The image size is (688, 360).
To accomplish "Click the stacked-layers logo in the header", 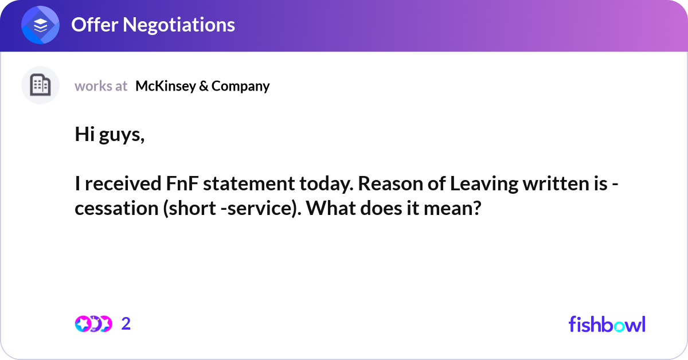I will [41, 25].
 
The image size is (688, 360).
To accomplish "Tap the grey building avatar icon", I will [41, 85].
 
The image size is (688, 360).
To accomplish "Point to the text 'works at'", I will [101, 87].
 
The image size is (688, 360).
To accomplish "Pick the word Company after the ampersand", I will [240, 87].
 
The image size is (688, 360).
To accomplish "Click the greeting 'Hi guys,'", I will [110, 135].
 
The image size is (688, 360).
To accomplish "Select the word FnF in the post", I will [179, 185].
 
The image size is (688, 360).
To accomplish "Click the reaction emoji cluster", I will [93, 324].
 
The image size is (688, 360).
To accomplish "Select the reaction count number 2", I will [126, 324].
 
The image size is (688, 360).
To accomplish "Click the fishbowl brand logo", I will [607, 324].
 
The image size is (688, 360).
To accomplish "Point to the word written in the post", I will [551, 185].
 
